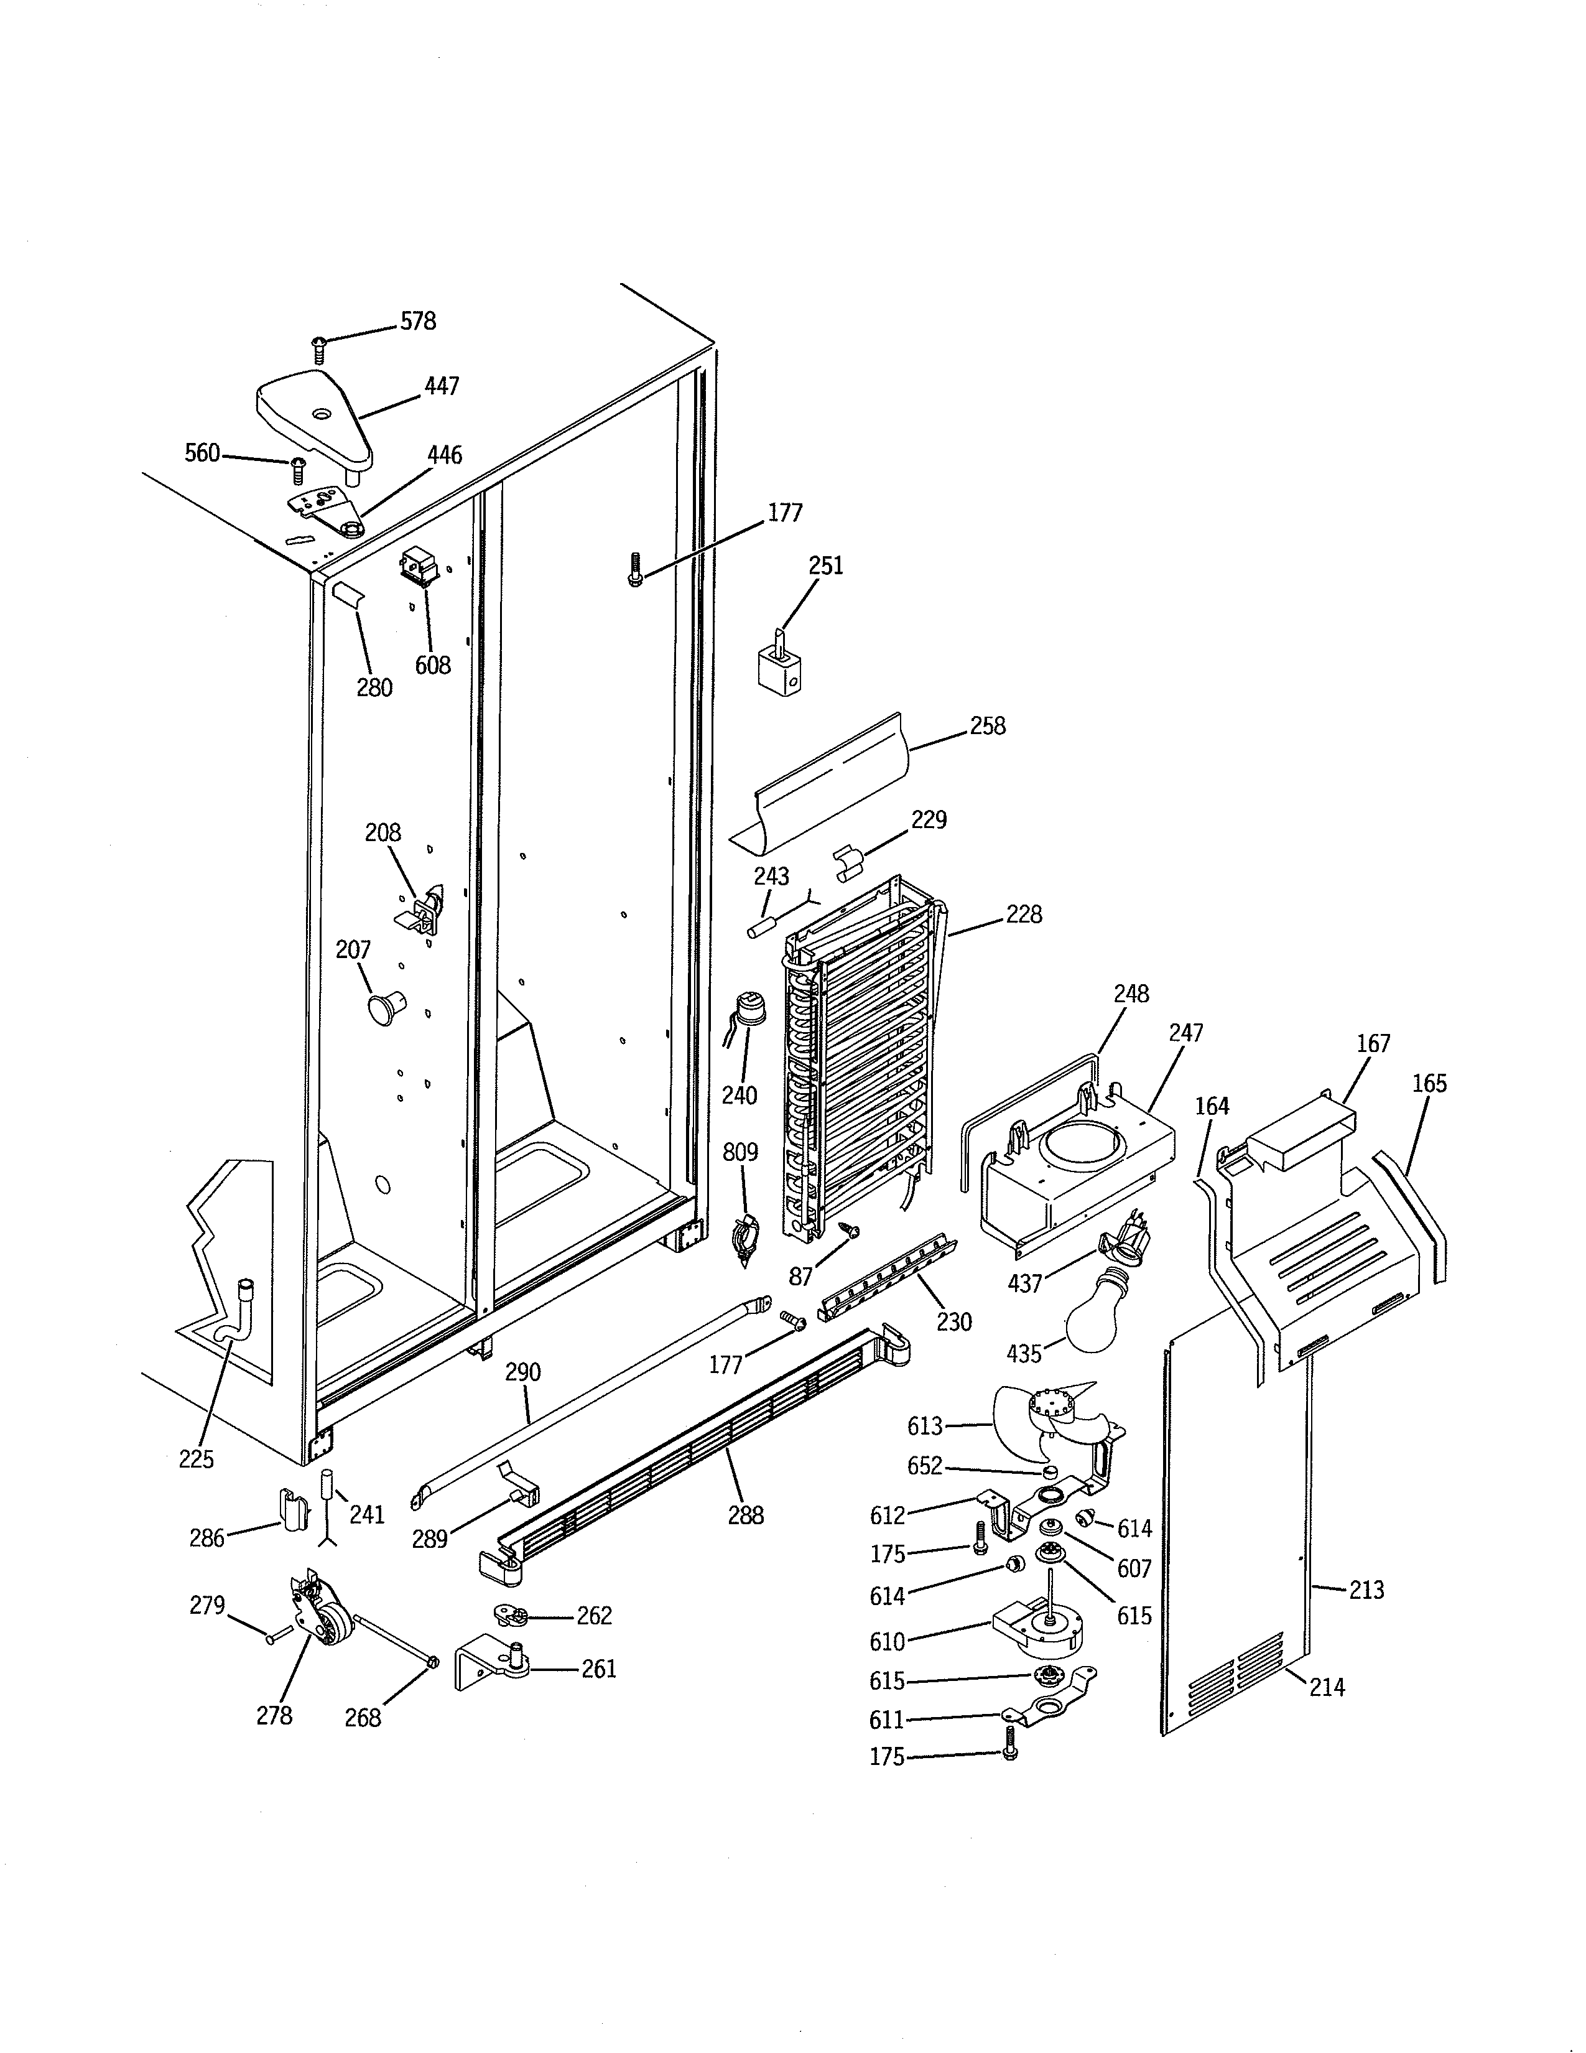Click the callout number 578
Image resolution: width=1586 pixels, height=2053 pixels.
coord(418,322)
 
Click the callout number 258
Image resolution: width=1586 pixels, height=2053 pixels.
coord(988,725)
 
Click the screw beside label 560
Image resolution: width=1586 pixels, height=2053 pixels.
coord(299,467)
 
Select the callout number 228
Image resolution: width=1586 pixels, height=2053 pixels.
coord(1023,915)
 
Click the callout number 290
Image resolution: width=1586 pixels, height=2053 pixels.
coord(522,1372)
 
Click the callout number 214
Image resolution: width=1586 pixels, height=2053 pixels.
coord(1327,1687)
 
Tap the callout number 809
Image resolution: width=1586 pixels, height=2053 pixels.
coord(740,1152)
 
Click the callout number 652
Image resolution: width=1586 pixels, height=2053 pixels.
coord(924,1466)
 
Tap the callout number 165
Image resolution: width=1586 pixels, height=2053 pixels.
coord(1429,1084)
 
